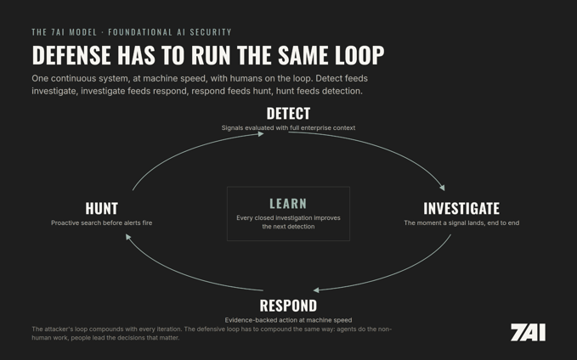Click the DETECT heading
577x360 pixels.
pyautogui.click(x=288, y=114)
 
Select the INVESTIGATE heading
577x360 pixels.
pyautogui.click(x=461, y=209)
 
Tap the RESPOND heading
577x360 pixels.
pyautogui.click(x=288, y=306)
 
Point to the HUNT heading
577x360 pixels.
pyautogui.click(x=102, y=209)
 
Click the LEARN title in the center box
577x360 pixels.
pyautogui.click(x=288, y=204)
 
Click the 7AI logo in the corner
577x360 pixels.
pyautogui.click(x=528, y=333)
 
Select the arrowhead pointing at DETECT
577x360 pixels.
pyautogui.click(x=261, y=134)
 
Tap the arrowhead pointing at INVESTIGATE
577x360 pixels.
pyautogui.click(x=443, y=188)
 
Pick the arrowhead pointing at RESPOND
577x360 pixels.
pyautogui.click(x=316, y=290)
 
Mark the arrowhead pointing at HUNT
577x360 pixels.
pyautogui.click(x=128, y=237)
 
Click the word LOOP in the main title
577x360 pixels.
pyautogui.click(x=359, y=55)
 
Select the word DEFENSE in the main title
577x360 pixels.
pyautogui.click(x=71, y=55)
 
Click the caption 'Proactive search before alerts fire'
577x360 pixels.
pyautogui.click(x=102, y=222)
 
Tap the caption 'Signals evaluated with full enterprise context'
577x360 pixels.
pyautogui.click(x=288, y=128)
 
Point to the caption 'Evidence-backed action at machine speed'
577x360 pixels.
pyautogui.click(x=288, y=320)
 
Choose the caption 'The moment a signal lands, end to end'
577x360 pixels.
pyautogui.click(x=461, y=222)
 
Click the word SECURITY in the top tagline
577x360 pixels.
pyautogui.click(x=211, y=32)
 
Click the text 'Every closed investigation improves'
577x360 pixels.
pyautogui.click(x=288, y=218)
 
